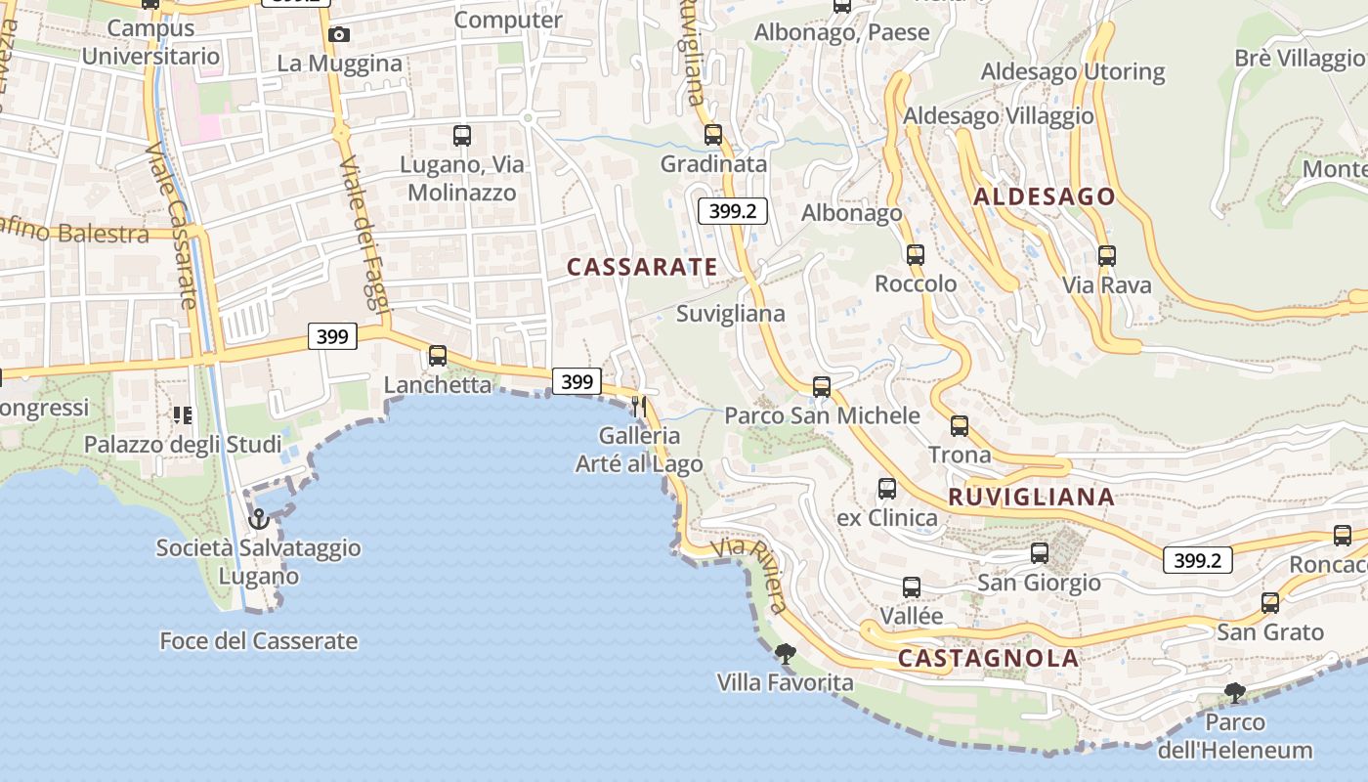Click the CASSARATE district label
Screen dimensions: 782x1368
pyautogui.click(x=642, y=267)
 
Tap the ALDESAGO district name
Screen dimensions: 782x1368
pyautogui.click(x=1044, y=196)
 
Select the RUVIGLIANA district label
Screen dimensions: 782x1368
pyautogui.click(x=1031, y=497)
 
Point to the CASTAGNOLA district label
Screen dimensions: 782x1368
pyautogui.click(x=988, y=658)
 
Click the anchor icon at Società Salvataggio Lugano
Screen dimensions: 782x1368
pyautogui.click(x=259, y=518)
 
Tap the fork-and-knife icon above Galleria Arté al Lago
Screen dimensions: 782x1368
pyautogui.click(x=639, y=406)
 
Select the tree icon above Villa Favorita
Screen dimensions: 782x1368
pyautogui.click(x=785, y=653)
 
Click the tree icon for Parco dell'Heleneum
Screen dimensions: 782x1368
pyautogui.click(x=1235, y=693)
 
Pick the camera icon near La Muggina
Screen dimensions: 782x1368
pyautogui.click(x=339, y=35)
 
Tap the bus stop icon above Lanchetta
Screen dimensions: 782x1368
pyautogui.click(x=438, y=356)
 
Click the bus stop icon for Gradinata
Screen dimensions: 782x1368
pyautogui.click(x=713, y=135)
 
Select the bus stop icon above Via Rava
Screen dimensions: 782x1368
pyautogui.click(x=1106, y=256)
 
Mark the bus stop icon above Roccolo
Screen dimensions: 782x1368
pyautogui.click(x=916, y=255)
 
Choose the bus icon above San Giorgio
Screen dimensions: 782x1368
pyautogui.click(x=1040, y=553)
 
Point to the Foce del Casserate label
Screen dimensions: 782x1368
pyautogui.click(x=259, y=641)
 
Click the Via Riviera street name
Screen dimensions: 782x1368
pyautogui.click(x=750, y=574)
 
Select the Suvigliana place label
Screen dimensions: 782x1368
pyautogui.click(x=731, y=314)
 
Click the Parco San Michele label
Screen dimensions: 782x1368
pyautogui.click(x=822, y=415)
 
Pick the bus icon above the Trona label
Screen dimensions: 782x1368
pyautogui.click(x=960, y=426)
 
